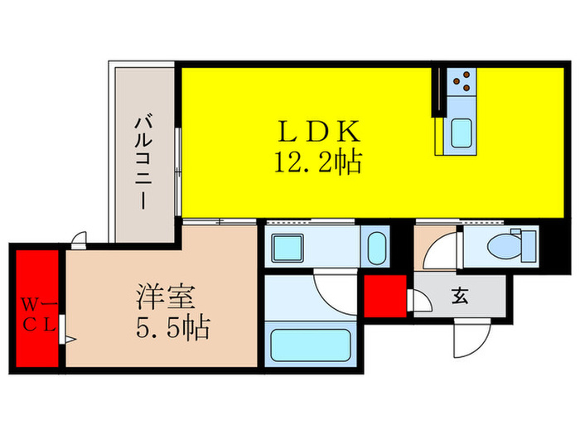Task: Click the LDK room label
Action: pos(318,132)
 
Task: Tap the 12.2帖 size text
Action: pos(318,163)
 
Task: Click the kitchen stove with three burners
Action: pos(463,80)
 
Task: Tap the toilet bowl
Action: pos(505,245)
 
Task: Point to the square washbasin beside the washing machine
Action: pos(290,246)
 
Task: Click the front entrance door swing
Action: pos(466,336)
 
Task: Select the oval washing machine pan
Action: pos(376,246)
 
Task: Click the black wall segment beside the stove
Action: pos(434,91)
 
